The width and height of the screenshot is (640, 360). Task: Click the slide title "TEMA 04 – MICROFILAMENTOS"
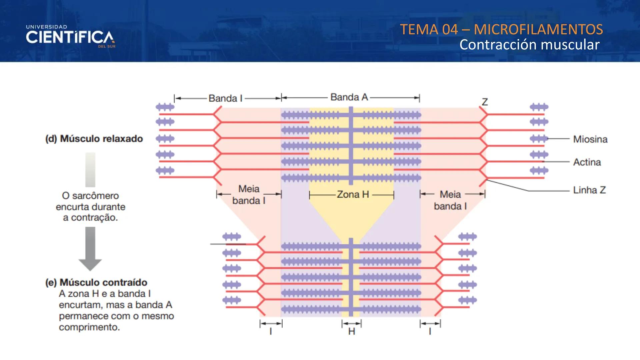tap(501, 29)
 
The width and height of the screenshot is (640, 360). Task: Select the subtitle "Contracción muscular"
tap(529, 45)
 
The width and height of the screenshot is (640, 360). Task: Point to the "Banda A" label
tap(349, 97)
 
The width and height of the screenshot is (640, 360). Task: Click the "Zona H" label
tap(353, 194)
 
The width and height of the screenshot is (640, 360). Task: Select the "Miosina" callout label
tap(590, 139)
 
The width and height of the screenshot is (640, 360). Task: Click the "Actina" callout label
tap(587, 162)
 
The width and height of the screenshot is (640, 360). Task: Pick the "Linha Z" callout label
tap(589, 190)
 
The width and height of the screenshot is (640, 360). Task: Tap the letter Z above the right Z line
tap(485, 102)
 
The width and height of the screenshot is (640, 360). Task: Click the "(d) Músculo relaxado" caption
tap(94, 139)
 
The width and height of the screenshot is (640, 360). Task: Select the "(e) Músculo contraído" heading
tap(96, 282)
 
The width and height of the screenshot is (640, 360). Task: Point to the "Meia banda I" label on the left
tap(249, 195)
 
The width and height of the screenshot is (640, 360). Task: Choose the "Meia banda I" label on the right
tap(450, 200)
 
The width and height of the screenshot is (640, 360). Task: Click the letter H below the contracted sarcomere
tap(351, 332)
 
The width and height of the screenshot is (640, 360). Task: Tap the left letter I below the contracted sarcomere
tap(271, 332)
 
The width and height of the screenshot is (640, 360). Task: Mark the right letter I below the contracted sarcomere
tap(430, 332)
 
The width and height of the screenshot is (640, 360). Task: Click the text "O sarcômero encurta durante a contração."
tap(90, 207)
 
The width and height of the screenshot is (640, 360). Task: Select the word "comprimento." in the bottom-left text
tap(89, 327)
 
